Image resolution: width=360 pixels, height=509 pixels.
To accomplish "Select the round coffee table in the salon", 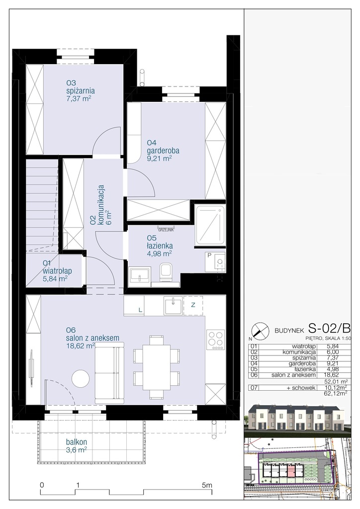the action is coord(80,378).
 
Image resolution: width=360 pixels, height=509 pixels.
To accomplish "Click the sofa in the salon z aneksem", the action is coord(109,373).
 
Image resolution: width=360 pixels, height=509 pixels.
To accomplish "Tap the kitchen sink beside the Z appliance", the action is coord(173,306).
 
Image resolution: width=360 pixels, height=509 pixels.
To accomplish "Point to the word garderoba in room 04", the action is coord(163,150).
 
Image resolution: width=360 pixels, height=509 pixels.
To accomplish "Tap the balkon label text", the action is coord(76,442).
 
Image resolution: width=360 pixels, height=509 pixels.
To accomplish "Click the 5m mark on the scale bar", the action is coord(206,485).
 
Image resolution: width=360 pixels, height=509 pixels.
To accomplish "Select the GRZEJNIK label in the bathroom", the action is coord(166,231).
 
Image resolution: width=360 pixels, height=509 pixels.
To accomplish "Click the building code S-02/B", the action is coord(329,329).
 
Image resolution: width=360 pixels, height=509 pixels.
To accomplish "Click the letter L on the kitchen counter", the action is coord(140,310).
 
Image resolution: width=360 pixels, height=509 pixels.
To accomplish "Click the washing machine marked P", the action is coord(215,262).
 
